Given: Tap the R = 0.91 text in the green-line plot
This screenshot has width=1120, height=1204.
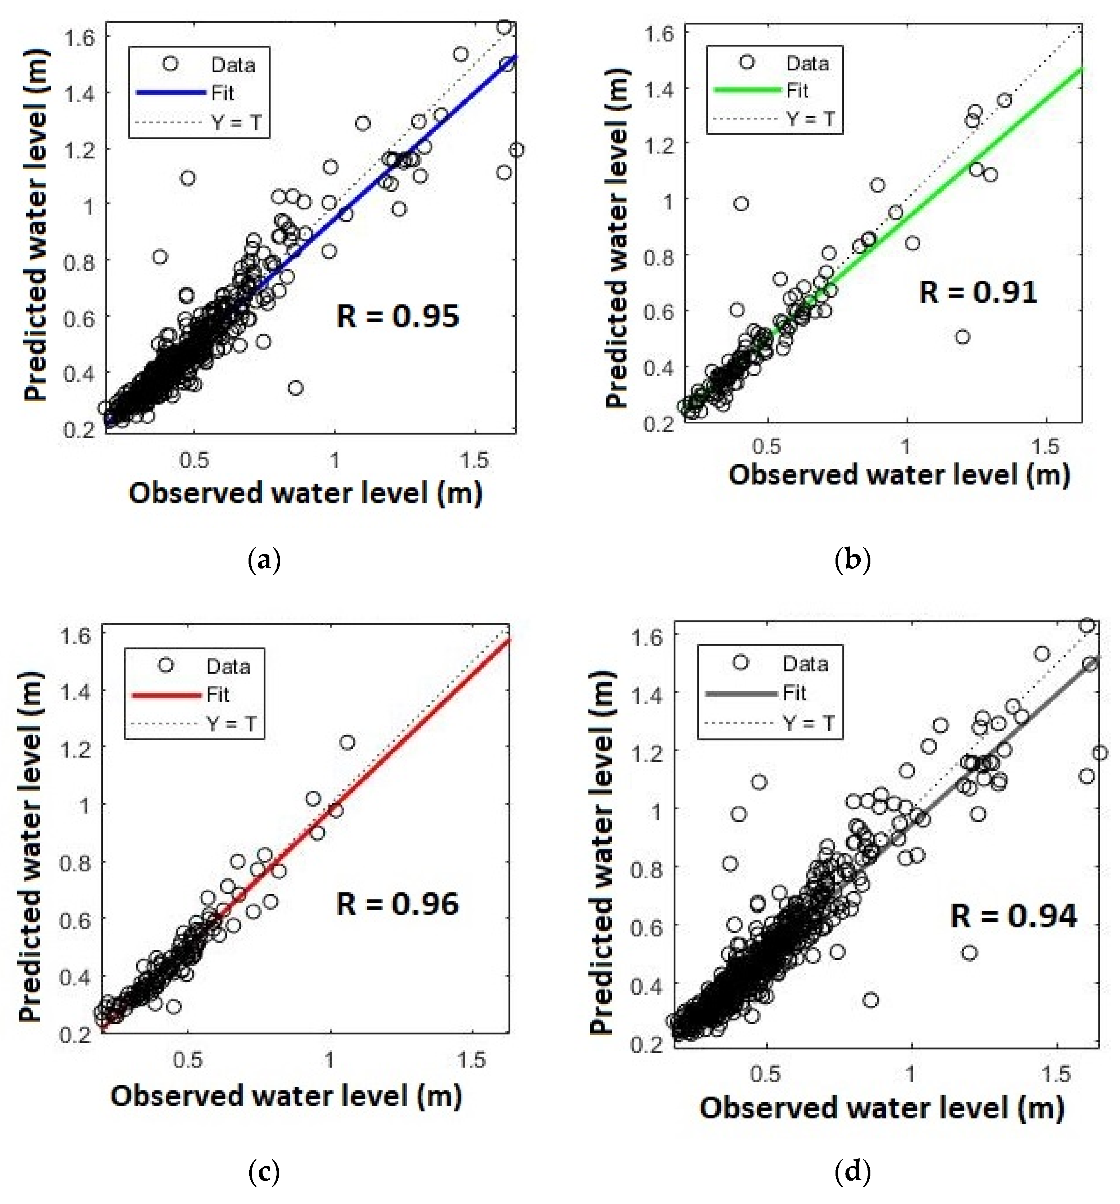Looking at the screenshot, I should pyautogui.click(x=977, y=292).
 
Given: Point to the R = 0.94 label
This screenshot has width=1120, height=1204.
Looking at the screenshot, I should pyautogui.click(x=1014, y=916).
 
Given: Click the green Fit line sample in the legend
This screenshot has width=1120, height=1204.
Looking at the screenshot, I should pyautogui.click(x=747, y=90).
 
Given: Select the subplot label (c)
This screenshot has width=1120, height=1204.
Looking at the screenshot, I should pyautogui.click(x=265, y=1172).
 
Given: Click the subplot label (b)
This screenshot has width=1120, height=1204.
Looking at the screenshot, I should pyautogui.click(x=852, y=560).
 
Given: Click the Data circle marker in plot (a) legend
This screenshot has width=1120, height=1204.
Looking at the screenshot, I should pyautogui.click(x=171, y=64).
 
